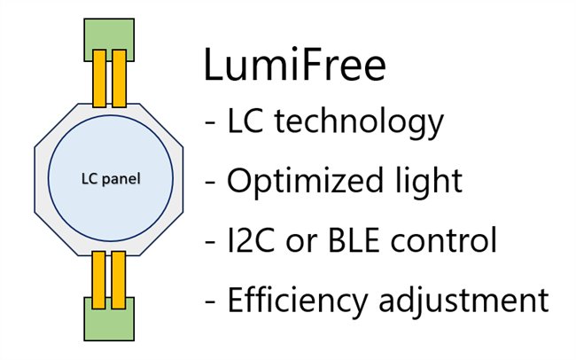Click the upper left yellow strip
click(99, 80)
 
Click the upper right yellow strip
click(118, 80)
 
